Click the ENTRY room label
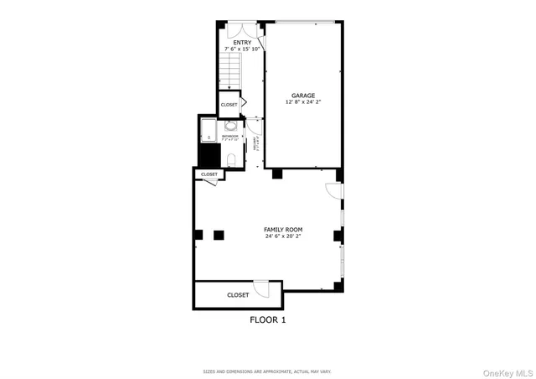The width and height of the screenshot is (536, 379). pyautogui.click(x=242, y=42)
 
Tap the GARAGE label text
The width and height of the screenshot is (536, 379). pyautogui.click(x=303, y=96)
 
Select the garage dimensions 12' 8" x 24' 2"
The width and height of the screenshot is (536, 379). pyautogui.click(x=303, y=104)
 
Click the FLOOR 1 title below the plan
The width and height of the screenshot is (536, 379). pyautogui.click(x=268, y=319)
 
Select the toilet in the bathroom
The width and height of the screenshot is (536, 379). pyautogui.click(x=231, y=159)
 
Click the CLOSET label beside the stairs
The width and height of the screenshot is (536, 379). pyautogui.click(x=229, y=105)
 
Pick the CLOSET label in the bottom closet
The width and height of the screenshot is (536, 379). pyautogui.click(x=238, y=295)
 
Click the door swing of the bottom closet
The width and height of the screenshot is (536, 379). pyautogui.click(x=262, y=288)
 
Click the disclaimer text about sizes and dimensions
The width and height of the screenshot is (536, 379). pyautogui.click(x=267, y=371)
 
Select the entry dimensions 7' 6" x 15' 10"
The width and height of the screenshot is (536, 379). pyautogui.click(x=242, y=49)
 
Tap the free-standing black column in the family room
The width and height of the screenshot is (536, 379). pyautogui.click(x=219, y=235)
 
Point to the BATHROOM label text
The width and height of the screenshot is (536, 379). pyautogui.click(x=230, y=135)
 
